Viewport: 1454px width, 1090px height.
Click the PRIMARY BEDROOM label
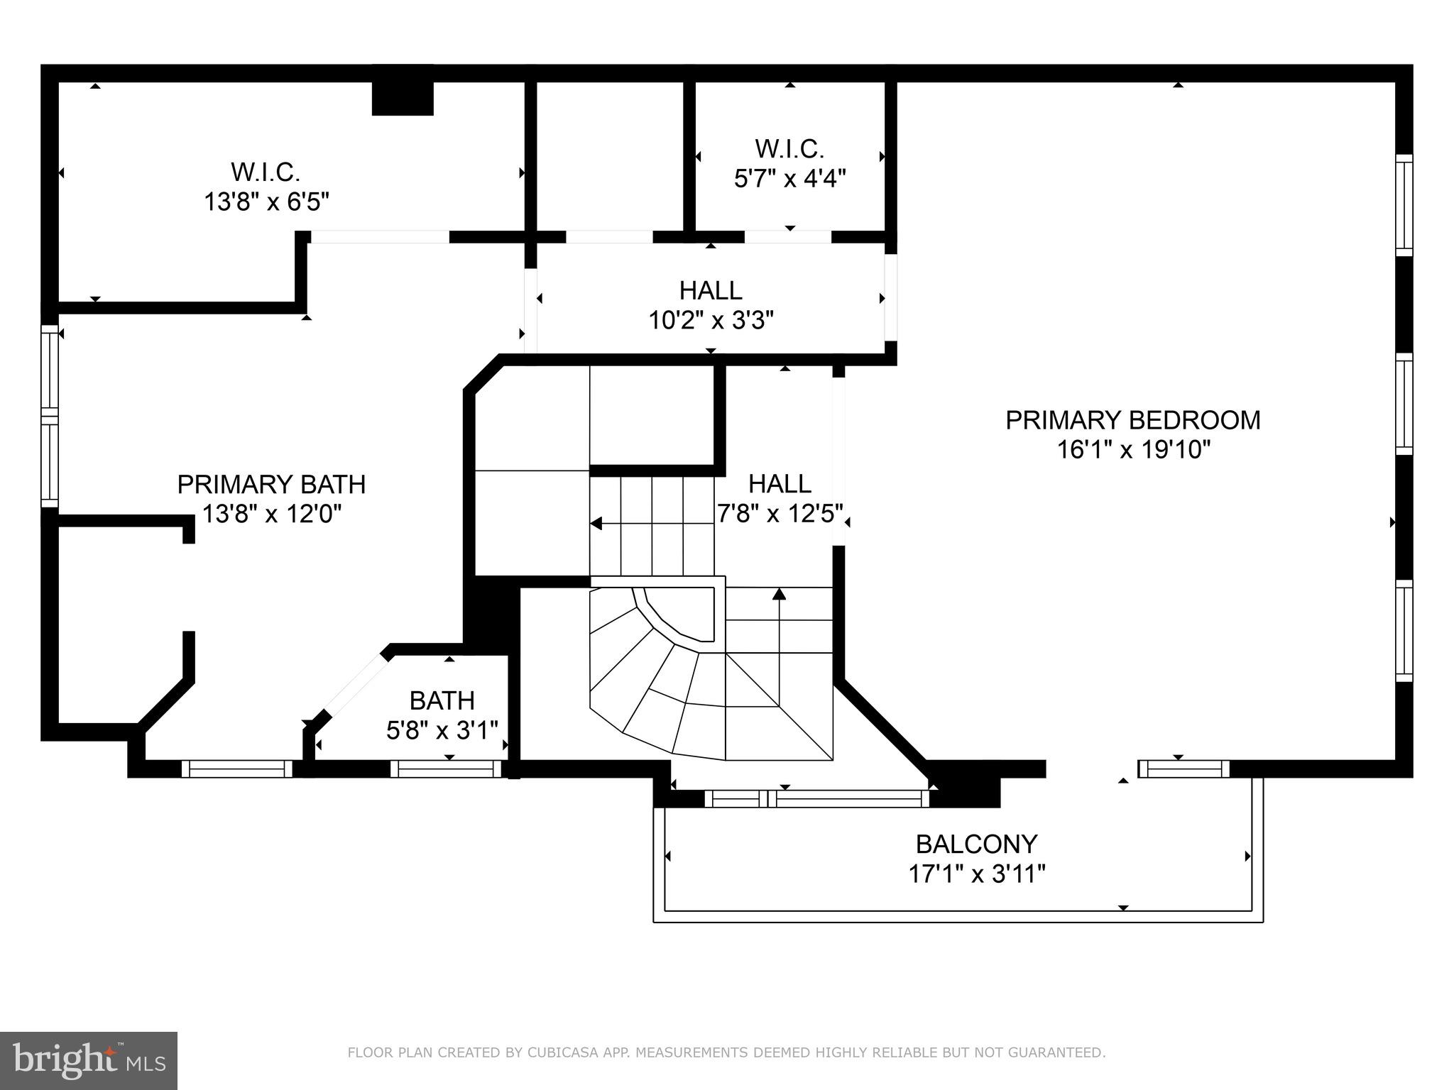point(1132,420)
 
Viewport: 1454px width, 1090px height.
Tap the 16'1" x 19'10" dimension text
point(1133,450)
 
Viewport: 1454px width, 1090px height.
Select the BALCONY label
point(976,844)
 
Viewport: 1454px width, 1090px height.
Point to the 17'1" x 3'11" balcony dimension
point(977,874)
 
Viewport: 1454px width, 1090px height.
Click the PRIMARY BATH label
point(271,485)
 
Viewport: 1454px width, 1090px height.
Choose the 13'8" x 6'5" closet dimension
point(266,202)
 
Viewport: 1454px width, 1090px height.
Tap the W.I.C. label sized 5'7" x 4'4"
point(789,149)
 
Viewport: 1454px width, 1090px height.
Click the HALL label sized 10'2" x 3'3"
point(711,290)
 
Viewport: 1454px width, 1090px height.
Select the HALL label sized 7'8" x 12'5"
point(780,484)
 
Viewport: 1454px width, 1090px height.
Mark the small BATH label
point(442,701)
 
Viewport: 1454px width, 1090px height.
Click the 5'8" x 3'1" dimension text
point(442,730)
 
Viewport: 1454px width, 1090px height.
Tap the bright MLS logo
point(89,1061)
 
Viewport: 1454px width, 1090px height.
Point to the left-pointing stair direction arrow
point(596,524)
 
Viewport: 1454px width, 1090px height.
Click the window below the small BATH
point(446,769)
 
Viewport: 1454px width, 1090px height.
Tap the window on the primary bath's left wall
point(49,417)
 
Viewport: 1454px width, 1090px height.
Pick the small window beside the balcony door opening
point(1184,769)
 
